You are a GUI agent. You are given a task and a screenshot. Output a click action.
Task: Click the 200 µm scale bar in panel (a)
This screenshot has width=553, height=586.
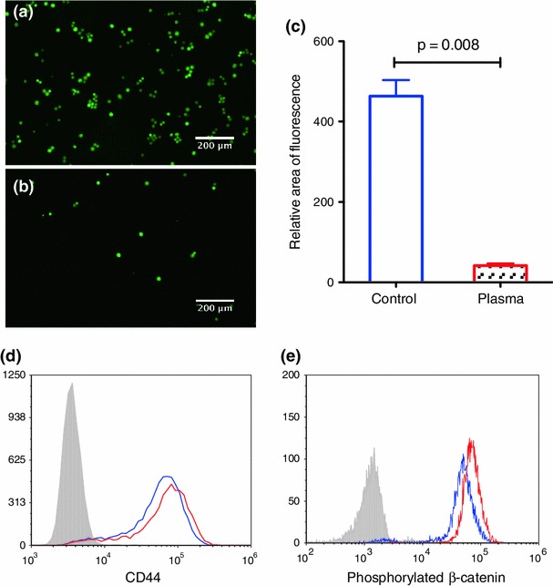[216, 139]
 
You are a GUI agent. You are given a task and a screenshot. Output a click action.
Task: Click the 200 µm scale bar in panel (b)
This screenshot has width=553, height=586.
[216, 300]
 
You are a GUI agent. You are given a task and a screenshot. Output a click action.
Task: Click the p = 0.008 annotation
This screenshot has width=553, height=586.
[446, 43]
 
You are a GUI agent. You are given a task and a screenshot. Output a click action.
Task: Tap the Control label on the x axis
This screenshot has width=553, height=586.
[395, 299]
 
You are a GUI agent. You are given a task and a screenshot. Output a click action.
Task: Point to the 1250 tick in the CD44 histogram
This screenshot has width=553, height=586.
[15, 375]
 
